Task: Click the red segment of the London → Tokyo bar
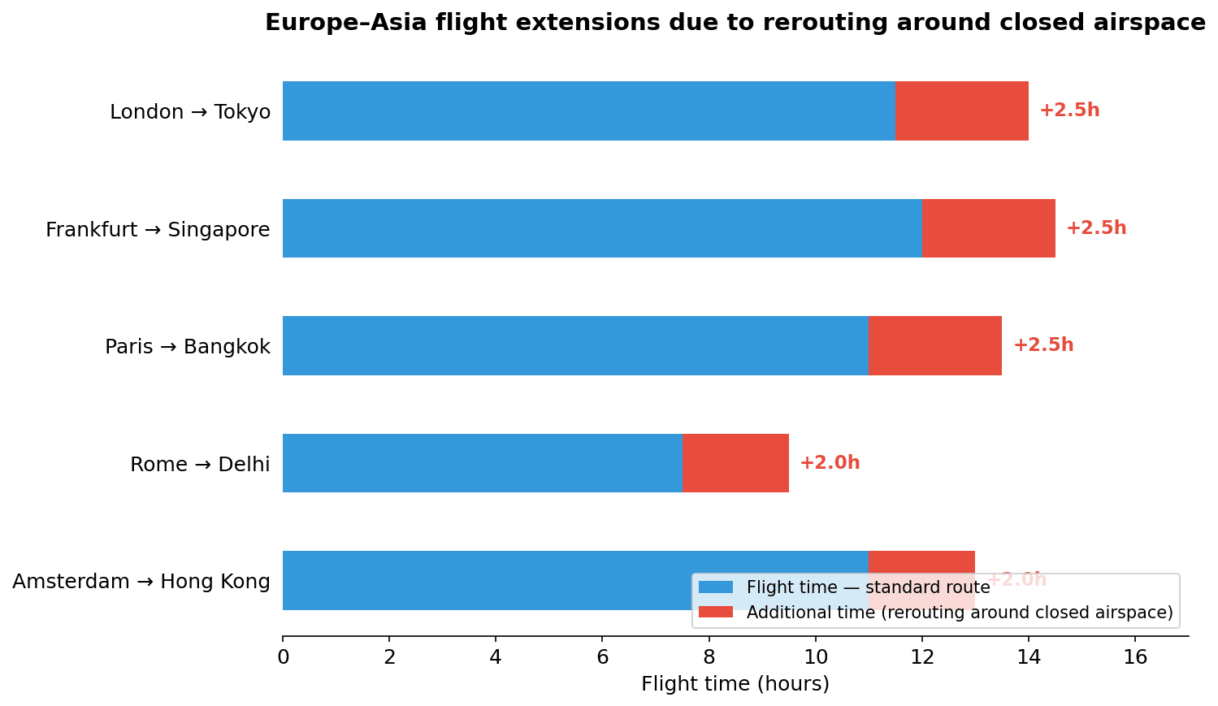[961, 110]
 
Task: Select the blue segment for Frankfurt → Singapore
[602, 228]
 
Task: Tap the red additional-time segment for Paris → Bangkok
[935, 345]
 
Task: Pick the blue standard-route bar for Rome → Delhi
[482, 463]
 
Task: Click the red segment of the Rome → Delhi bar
[735, 463]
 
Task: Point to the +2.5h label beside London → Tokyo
[1069, 110]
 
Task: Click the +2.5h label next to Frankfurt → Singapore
[1096, 228]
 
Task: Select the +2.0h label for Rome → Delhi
[830, 463]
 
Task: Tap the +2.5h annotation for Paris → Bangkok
[1042, 345]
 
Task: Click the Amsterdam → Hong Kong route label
[141, 582]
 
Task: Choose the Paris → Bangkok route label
[188, 347]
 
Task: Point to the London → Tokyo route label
[190, 112]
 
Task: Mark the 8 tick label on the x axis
[709, 657]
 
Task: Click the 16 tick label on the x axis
[1135, 657]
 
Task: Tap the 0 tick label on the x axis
[283, 657]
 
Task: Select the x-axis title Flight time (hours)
[735, 684]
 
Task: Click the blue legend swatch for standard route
[716, 587]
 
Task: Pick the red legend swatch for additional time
[716, 612]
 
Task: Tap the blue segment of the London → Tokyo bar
[588, 110]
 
